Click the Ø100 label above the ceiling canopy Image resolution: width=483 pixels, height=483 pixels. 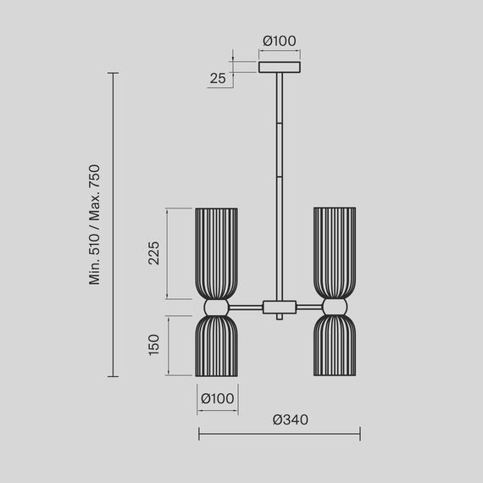click(279, 41)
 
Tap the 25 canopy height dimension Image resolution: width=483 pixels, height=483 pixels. click(217, 79)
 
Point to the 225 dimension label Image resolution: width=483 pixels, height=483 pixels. click(154, 252)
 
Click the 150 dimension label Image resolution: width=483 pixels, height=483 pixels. click(154, 344)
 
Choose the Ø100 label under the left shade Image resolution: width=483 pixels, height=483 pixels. click(218, 398)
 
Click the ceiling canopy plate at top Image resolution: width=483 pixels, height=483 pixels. click(279, 65)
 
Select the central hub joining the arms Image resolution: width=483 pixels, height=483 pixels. click(279, 306)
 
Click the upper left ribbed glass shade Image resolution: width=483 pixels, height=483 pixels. click(218, 252)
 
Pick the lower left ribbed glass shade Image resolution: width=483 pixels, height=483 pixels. click(218, 347)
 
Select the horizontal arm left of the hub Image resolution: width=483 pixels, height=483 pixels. click(247, 306)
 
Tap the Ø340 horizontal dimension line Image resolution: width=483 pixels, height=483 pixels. click(279, 434)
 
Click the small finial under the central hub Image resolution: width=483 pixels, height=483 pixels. click(279, 318)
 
